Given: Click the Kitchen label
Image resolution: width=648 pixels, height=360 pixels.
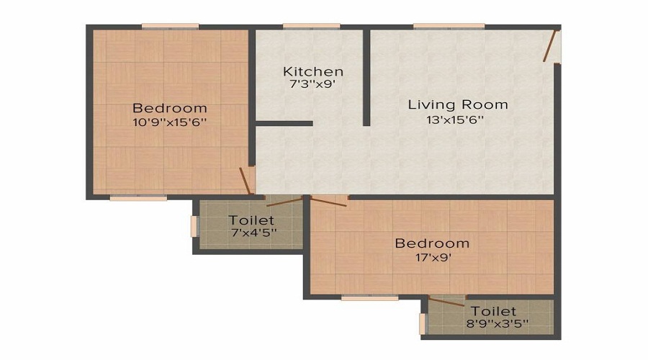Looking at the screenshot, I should (312, 71).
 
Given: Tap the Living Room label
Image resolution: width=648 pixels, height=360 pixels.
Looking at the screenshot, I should (458, 104).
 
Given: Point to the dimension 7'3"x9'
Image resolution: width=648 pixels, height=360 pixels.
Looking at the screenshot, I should (312, 84).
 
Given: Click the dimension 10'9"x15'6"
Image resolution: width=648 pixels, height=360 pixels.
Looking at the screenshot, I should (170, 122).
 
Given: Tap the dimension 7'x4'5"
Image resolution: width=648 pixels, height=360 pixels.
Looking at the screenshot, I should (253, 233).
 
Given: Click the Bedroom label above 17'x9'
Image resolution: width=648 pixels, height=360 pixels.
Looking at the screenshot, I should (432, 243).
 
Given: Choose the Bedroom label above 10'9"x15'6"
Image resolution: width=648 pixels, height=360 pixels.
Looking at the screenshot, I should (170, 108).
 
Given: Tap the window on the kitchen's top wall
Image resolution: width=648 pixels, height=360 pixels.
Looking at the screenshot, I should (311, 27).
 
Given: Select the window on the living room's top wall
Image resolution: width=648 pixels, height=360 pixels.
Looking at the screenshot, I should (438, 27).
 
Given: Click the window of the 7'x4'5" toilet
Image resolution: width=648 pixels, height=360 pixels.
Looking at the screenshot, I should (193, 225).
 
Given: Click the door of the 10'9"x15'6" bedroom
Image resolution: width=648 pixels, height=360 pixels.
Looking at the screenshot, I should (248, 181).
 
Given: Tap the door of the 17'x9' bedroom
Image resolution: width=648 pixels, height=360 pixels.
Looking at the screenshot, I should (328, 201).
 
